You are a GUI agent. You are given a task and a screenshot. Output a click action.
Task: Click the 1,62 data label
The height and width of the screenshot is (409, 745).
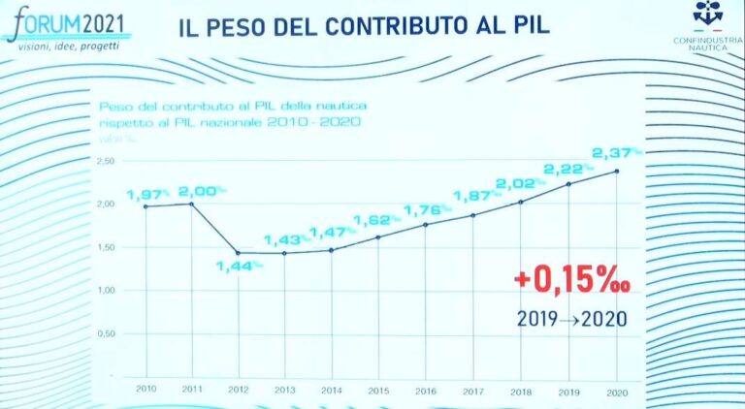point(376,220)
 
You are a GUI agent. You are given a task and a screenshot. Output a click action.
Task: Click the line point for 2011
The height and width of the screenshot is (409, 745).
point(192,204)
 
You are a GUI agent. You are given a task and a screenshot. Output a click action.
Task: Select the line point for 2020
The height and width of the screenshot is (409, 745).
point(618,172)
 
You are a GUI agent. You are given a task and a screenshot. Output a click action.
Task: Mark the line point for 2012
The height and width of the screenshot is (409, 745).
point(239,253)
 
